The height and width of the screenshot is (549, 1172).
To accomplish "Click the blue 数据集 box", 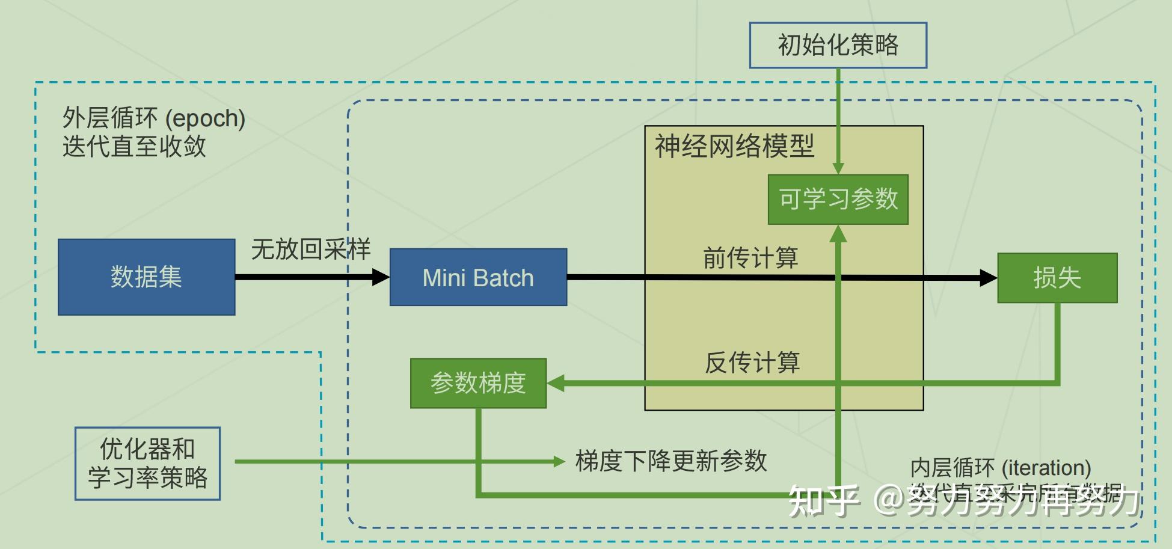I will coord(146,277).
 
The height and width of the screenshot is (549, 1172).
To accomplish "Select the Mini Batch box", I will coord(478,278).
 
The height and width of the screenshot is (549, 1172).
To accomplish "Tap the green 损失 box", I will coord(1057,278).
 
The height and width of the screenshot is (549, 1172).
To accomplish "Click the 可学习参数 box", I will coord(838,199).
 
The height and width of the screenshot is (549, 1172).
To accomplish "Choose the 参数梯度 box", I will coord(478,383).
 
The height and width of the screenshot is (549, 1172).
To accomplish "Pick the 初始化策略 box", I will coord(838,45).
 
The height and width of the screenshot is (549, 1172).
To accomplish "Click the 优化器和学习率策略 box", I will coord(147,464).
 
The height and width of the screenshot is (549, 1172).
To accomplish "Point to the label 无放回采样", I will coord(310,249).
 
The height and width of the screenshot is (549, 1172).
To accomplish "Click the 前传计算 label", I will coord(750,258).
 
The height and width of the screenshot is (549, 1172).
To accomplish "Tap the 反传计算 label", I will coord(752,363).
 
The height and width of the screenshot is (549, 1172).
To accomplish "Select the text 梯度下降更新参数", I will coord(671,461).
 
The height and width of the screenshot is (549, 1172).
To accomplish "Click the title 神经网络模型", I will coord(734,146).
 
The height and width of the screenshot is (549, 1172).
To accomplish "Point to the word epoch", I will coord(205,119).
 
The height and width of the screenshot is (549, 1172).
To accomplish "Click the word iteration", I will coord(1046,468).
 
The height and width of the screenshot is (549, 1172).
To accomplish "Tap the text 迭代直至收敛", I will coord(134,146).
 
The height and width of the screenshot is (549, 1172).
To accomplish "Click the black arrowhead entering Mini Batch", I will coord(381,277).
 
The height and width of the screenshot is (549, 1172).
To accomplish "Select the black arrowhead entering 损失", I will coord(988,278).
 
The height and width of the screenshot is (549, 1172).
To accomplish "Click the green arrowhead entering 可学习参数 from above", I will coord(838,168).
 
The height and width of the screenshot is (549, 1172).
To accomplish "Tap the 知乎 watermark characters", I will coord(823,500).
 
